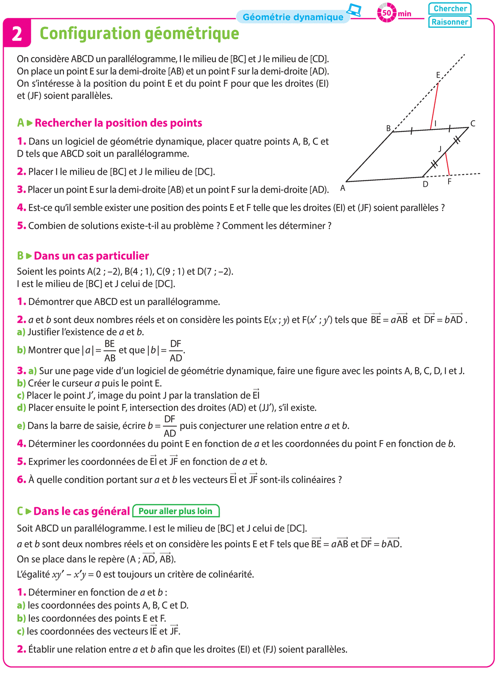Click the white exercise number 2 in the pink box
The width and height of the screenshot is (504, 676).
pos(17,34)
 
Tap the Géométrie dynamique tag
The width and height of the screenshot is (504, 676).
pos(293,17)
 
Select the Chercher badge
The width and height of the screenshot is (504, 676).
pos(450,8)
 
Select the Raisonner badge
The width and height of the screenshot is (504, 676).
pos(450,22)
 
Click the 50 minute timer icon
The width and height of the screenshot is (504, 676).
pos(386,13)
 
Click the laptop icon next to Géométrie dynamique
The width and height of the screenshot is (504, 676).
pos(354,10)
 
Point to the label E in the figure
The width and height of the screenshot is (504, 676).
pos(438,75)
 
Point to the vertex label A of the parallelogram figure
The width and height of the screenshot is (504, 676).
pos(343,188)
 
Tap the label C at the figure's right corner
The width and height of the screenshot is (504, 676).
pos(473,123)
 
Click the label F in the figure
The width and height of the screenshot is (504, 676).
pos(449,182)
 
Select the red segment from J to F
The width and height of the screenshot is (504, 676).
pos(447,164)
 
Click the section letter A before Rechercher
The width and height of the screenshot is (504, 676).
pos(21,123)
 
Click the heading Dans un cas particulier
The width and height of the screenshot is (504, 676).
pos(91,256)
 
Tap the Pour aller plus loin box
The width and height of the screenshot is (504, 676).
pos(176,511)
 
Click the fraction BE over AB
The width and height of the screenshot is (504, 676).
pos(110,351)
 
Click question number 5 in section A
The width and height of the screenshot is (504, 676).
pos(21,226)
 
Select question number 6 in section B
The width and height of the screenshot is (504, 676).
pos(21,480)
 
